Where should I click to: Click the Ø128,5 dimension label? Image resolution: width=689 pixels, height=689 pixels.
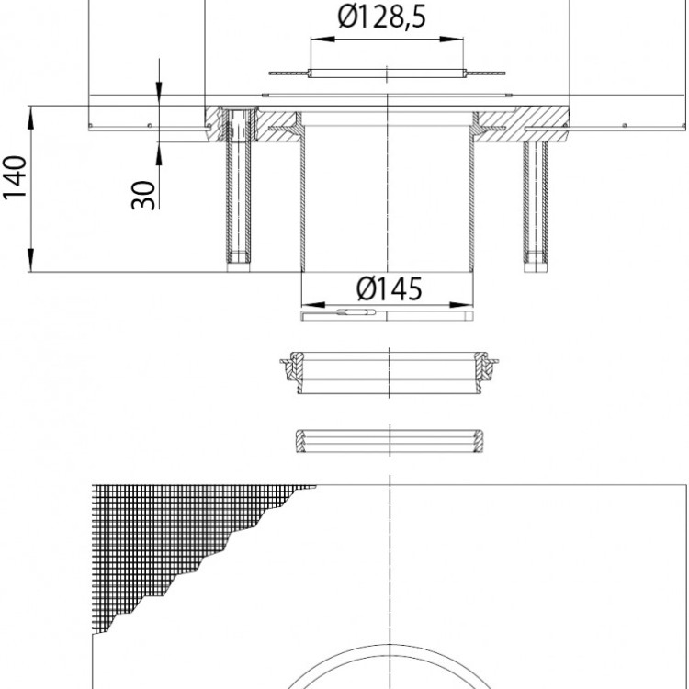381,17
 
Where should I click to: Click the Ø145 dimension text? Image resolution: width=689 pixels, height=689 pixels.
390,289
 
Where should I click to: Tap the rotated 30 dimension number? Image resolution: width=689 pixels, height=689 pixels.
143,196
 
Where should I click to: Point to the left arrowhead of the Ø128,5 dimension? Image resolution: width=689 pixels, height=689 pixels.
322,40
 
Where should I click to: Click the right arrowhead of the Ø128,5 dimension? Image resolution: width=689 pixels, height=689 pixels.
451,40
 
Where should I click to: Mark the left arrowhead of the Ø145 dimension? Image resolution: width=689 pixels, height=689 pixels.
313,305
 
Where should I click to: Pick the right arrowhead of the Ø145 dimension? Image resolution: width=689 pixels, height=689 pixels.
462,305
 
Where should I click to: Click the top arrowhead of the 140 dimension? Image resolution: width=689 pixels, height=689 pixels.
30,118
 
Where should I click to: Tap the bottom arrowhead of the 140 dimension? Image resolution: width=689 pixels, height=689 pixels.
30,260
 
